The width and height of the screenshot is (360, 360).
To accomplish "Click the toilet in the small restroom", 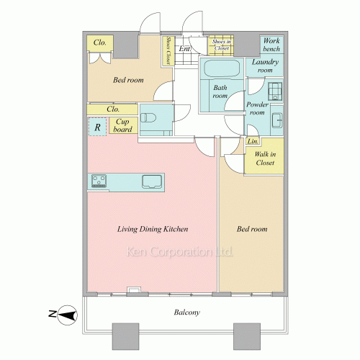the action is coord(148,118).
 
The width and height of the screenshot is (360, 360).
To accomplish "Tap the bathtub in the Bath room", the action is coord(222,68).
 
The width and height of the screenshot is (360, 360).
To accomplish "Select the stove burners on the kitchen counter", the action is coord(99,181).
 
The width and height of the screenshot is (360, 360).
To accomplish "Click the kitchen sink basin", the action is coord(152,181).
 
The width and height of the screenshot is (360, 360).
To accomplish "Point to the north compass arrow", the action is coord(68,315).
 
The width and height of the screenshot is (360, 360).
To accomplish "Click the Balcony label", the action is coord(187,312).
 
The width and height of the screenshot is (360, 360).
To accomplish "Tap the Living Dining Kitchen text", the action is coord(153,229).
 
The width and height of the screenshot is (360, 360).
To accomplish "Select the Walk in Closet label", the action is coord(265,158).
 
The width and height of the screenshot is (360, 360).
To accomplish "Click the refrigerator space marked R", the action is coord(97,127).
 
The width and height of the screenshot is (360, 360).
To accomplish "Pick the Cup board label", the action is coord(122,125).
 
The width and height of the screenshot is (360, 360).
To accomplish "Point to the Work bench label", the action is coord(271,45).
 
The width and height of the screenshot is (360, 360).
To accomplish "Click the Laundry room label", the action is coord(265,66).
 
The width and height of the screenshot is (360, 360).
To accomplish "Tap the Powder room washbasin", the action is coord(277,120).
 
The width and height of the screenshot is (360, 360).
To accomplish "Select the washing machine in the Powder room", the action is coord(275,91).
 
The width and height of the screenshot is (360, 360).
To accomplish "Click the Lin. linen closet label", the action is coord(253,141).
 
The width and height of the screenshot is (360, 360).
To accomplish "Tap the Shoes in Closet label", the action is coord(222,45).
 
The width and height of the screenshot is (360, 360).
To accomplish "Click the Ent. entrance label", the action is coord(185,49).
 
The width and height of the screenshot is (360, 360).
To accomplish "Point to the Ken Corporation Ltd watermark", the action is coord(179,252).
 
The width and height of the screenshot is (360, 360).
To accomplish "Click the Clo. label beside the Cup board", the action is coord(113,109).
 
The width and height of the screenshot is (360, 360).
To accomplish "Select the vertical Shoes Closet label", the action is coord(168,50).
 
